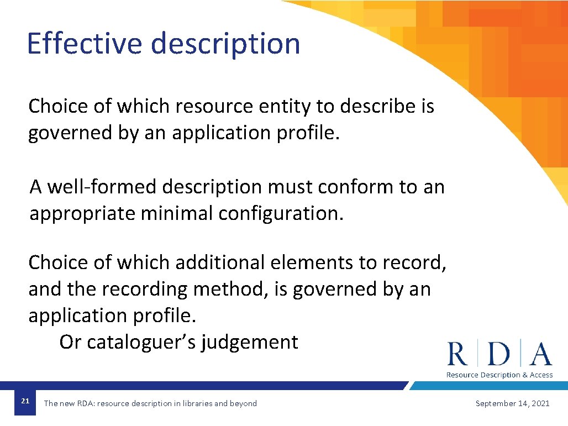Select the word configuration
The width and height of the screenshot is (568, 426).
click(281, 213)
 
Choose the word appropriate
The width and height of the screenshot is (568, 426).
click(82, 214)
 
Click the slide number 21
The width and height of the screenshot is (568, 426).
click(25, 401)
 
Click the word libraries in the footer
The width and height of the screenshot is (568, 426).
click(196, 403)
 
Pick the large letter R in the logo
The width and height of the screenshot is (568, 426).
click(457, 354)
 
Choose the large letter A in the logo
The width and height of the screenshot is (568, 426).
click(541, 354)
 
